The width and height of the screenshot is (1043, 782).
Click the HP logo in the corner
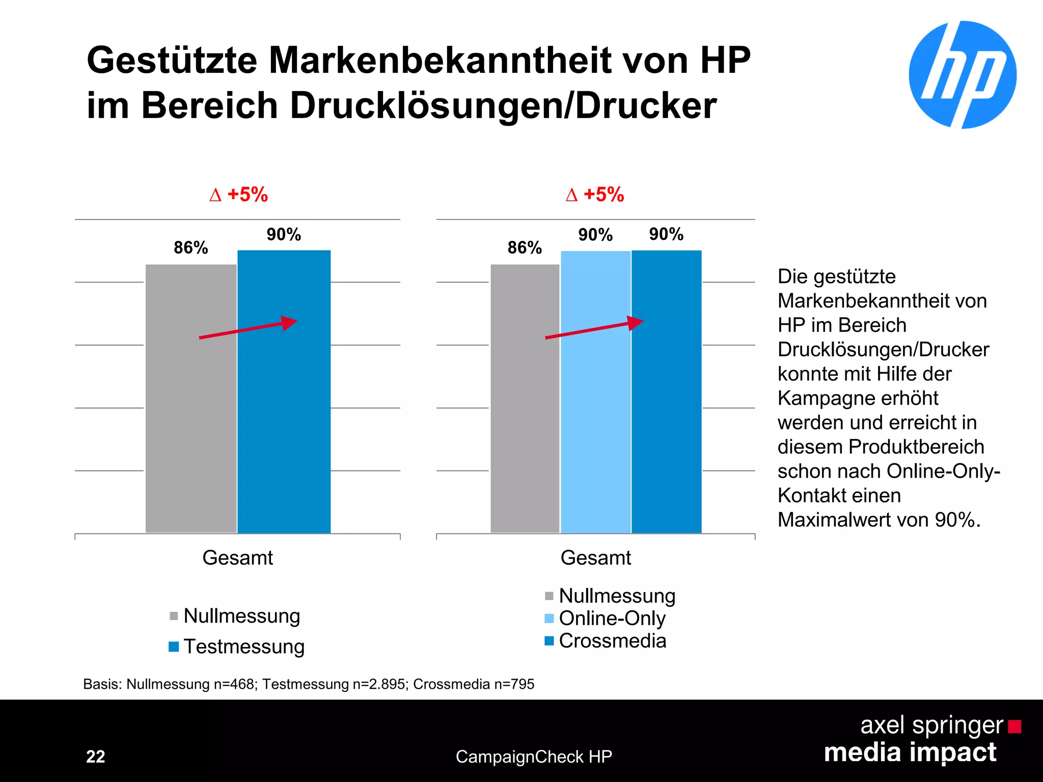pyautogui.click(x=962, y=75)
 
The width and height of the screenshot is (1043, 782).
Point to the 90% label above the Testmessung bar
pyautogui.click(x=284, y=235)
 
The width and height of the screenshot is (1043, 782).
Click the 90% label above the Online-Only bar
pyautogui.click(x=595, y=235)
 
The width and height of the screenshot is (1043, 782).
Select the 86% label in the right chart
pyautogui.click(x=525, y=248)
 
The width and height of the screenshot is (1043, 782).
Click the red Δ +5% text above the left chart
pyautogui.click(x=238, y=194)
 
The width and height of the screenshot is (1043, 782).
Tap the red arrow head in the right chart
pyautogui.click(x=635, y=323)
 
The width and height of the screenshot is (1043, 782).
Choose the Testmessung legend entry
pyautogui.click(x=237, y=647)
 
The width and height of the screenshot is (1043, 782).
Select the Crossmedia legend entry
pyautogui.click(x=606, y=641)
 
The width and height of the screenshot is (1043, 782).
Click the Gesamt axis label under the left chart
pyautogui.click(x=237, y=558)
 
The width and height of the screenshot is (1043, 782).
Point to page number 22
pyautogui.click(x=95, y=757)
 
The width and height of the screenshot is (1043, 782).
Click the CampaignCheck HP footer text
pyautogui.click(x=534, y=757)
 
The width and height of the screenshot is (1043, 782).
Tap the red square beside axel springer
pyautogui.click(x=1014, y=726)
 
